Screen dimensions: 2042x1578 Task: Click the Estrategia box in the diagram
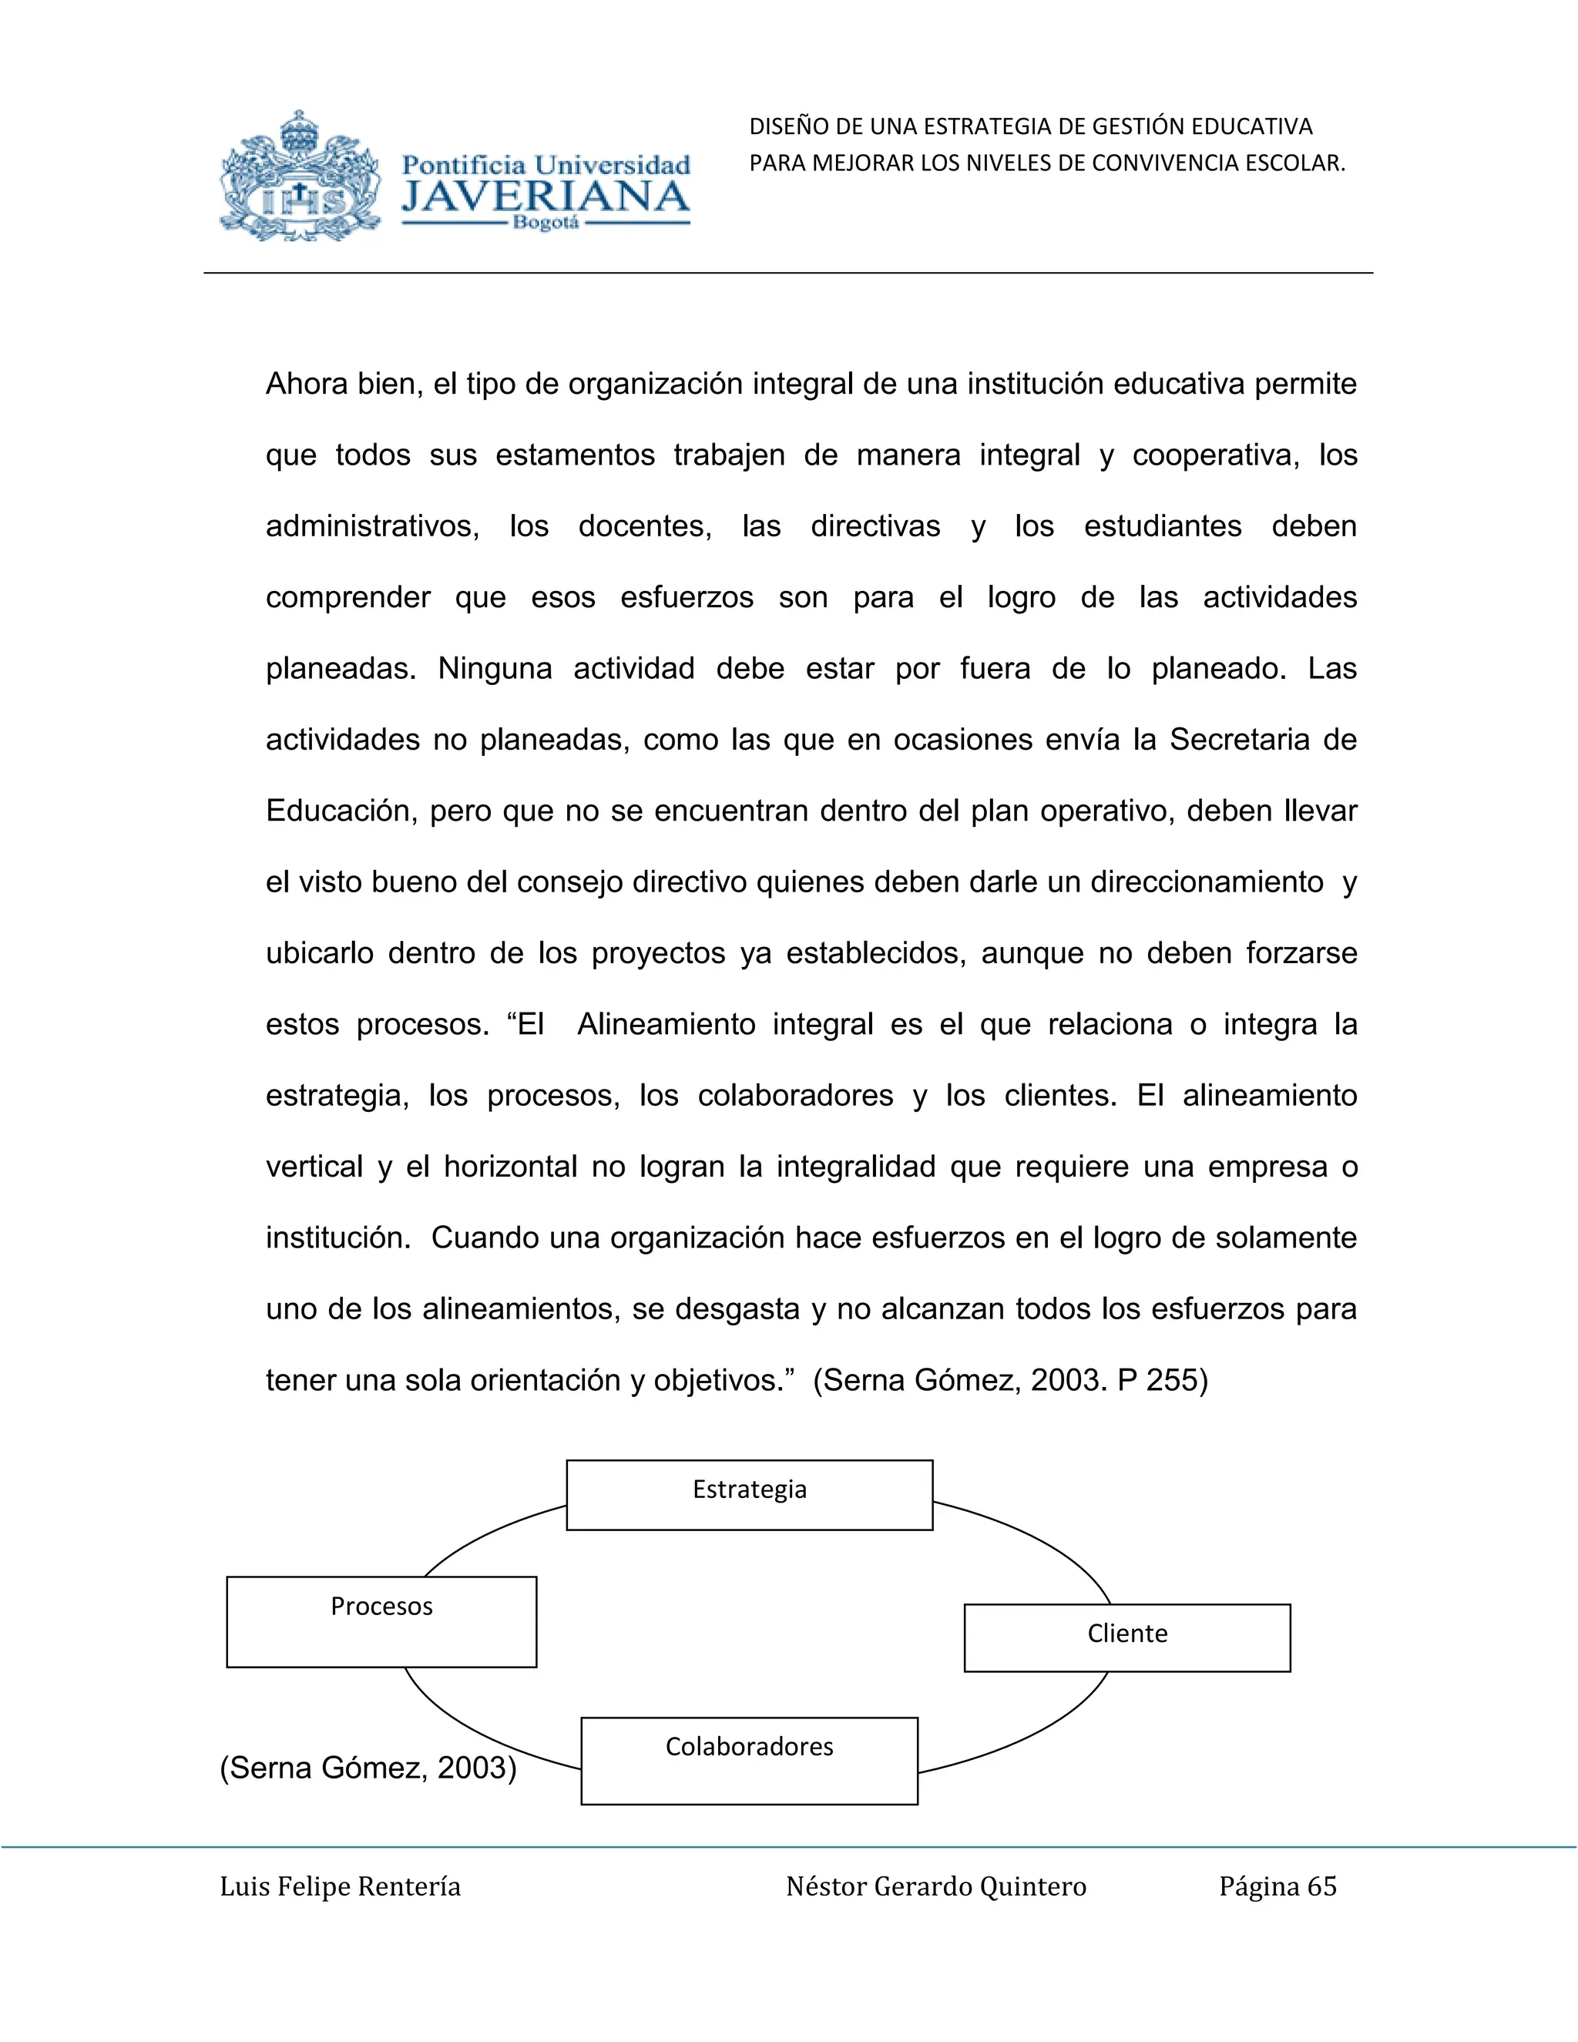coord(749,1494)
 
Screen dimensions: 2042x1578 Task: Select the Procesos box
coord(381,1621)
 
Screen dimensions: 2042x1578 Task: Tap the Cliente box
coord(1126,1637)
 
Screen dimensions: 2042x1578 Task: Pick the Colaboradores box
coord(749,1761)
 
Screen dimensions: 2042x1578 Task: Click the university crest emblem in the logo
coord(299,178)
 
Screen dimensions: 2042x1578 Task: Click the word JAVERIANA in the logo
coord(545,197)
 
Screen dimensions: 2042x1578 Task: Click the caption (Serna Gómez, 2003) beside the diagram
coord(368,1767)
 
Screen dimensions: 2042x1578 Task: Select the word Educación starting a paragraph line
coord(341,811)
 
